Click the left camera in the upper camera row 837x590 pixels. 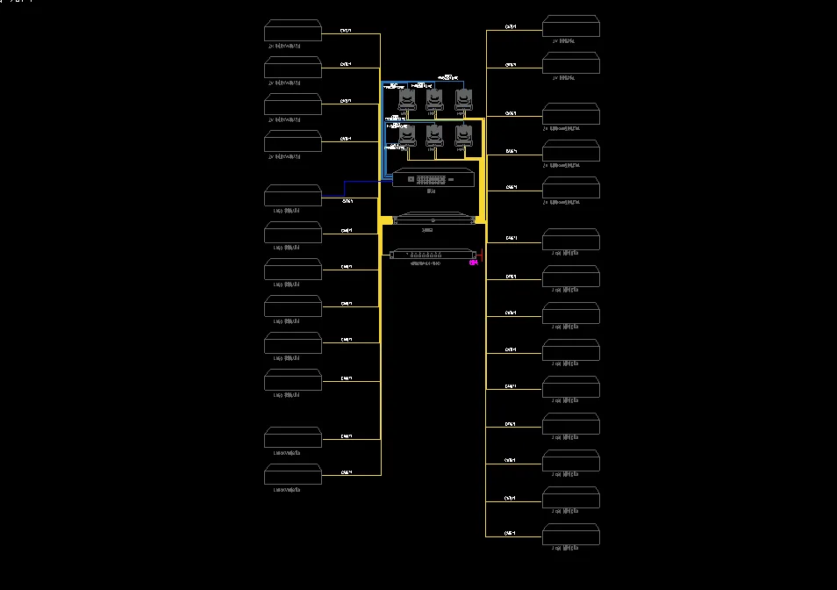pyautogui.click(x=406, y=99)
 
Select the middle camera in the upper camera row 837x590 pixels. pyautogui.click(x=434, y=99)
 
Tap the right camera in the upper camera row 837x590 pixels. pyautogui.click(x=463, y=99)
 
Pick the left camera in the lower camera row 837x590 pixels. pyautogui.click(x=406, y=136)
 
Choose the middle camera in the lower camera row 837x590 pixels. pyautogui.click(x=434, y=136)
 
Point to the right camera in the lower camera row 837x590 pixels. pyautogui.click(x=463, y=136)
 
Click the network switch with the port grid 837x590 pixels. pyautogui.click(x=434, y=179)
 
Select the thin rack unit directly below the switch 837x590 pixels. pyautogui.click(x=434, y=219)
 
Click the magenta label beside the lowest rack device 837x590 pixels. pyautogui.click(x=474, y=262)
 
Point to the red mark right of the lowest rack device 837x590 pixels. pyautogui.click(x=481, y=255)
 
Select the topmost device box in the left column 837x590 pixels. pyautogui.click(x=293, y=31)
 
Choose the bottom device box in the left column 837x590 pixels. pyautogui.click(x=293, y=475)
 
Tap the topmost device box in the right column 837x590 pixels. pyautogui.click(x=571, y=26)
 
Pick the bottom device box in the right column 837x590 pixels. pyautogui.click(x=571, y=535)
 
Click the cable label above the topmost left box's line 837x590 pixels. pyautogui.click(x=346, y=30)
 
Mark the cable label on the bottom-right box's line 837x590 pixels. pyautogui.click(x=511, y=533)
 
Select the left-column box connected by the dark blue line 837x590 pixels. pyautogui.click(x=293, y=195)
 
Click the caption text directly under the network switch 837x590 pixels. pyautogui.click(x=432, y=191)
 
